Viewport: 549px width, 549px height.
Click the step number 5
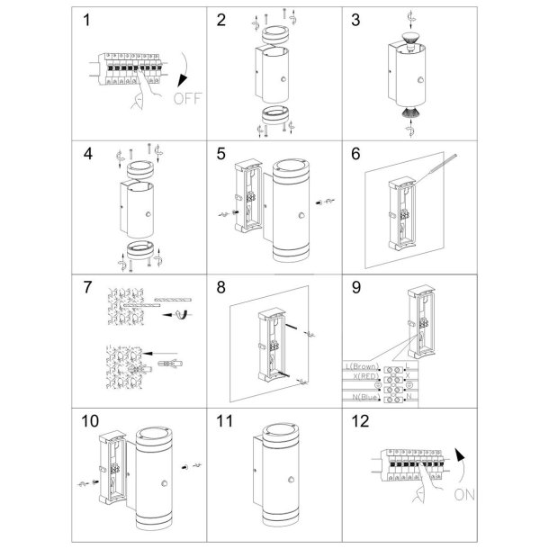click(220, 155)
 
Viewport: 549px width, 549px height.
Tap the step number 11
click(226, 420)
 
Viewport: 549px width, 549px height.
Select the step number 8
click(221, 288)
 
